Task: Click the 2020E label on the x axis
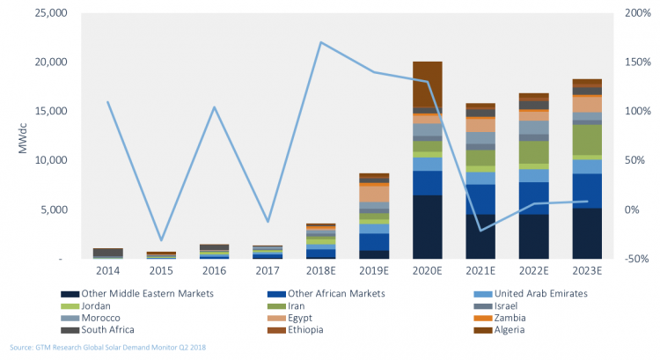pos(427,271)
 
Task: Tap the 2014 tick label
pos(107,271)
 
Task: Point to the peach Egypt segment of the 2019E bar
pos(374,193)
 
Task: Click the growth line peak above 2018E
pos(321,42)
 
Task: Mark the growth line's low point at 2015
pos(161,239)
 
